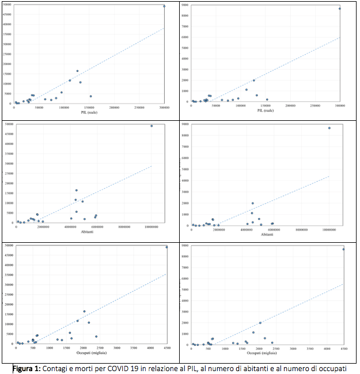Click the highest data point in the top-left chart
pos(164,6)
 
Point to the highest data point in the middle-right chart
pos(329,128)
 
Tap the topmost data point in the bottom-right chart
pos(344,249)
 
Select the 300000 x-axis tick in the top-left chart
pos(165,106)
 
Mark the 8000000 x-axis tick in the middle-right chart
pos(302,229)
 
